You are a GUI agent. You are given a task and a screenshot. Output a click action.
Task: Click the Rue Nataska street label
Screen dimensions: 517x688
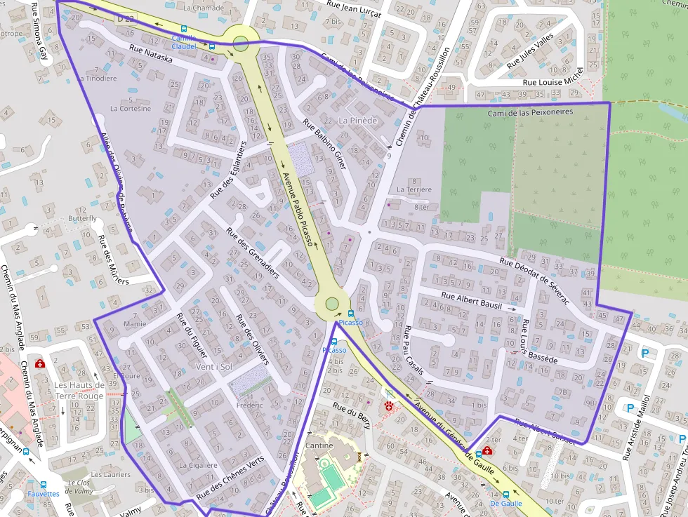tap(150, 55)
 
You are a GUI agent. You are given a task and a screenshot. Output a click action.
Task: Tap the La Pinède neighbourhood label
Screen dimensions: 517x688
tap(357, 121)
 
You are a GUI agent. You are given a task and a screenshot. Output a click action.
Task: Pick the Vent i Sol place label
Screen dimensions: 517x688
tap(214, 368)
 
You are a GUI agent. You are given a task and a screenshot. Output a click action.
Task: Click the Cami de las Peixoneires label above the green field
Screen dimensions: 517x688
tap(531, 112)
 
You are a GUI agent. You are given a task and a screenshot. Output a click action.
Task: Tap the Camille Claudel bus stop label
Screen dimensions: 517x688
tap(184, 42)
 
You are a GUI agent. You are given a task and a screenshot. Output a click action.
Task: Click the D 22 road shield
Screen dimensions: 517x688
tap(126, 18)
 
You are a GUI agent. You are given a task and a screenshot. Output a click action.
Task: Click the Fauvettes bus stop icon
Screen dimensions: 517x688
tap(43, 484)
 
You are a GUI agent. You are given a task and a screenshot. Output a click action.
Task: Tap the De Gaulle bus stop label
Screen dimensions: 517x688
tap(505, 504)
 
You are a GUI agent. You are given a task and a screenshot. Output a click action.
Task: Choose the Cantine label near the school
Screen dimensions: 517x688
tap(319, 446)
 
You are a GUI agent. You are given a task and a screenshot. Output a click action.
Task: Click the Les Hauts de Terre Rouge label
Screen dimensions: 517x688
tap(79, 391)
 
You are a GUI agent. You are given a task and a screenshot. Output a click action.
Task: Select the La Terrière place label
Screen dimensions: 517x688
tap(414, 189)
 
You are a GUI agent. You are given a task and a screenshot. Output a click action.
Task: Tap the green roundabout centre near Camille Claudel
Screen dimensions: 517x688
tap(241, 41)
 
